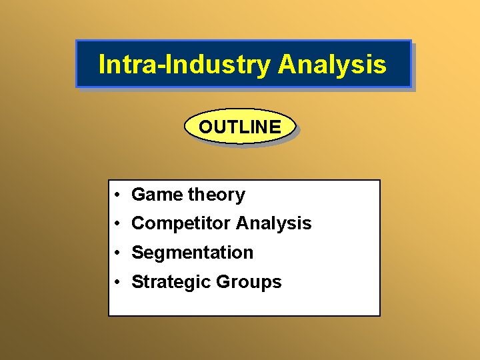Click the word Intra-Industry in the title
[x=185, y=65]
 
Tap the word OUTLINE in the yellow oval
[x=240, y=127]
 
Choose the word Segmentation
[x=192, y=253]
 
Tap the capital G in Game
[x=138, y=195]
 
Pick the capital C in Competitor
[x=138, y=223]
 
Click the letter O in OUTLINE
[x=205, y=127]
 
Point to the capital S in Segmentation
[x=137, y=253]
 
